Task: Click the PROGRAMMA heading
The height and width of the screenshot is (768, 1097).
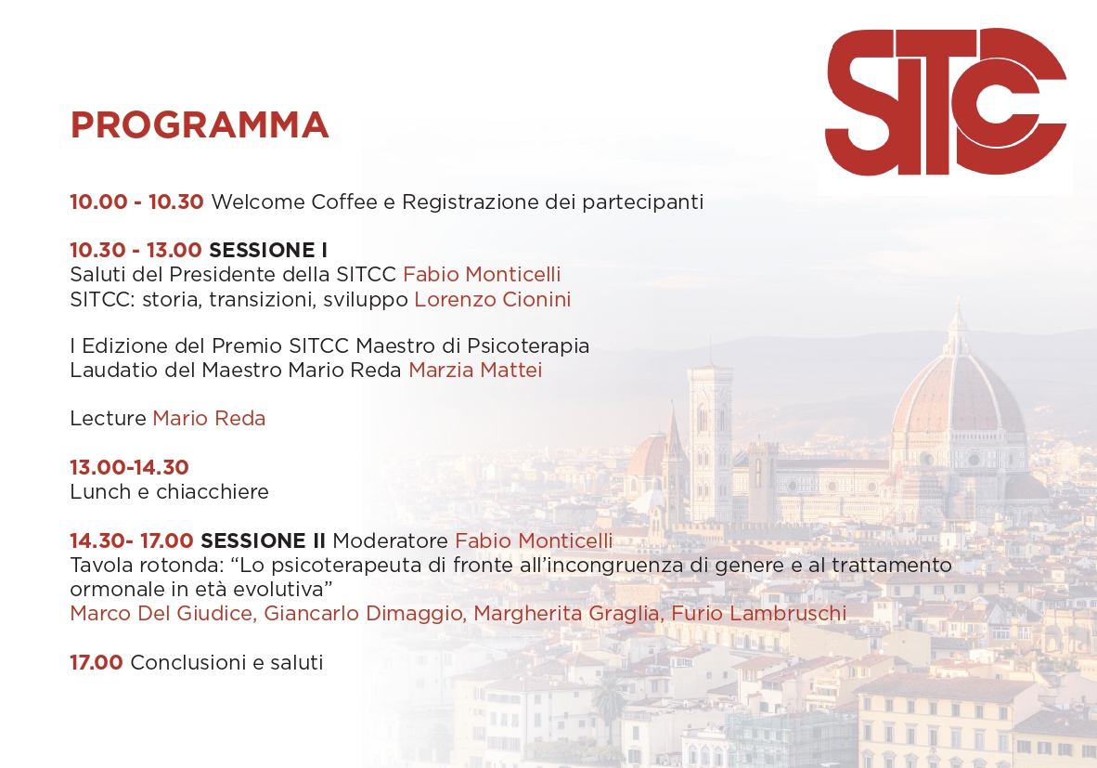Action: [200, 125]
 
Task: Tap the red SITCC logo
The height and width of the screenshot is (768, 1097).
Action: [945, 101]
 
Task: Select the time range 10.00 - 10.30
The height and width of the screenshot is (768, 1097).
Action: [136, 202]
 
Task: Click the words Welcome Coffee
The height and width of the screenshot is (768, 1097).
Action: [284, 202]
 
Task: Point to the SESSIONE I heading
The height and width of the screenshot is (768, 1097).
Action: [268, 250]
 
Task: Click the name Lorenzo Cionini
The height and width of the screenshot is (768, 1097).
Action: [492, 299]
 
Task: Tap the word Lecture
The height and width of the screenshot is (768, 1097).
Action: [109, 419]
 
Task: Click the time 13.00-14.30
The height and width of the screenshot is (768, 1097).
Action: [129, 467]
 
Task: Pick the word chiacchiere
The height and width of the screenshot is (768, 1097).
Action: [213, 492]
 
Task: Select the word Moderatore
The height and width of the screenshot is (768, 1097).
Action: [391, 540]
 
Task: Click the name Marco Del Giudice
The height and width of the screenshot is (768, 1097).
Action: [162, 613]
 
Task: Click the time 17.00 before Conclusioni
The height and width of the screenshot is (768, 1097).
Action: [96, 662]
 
